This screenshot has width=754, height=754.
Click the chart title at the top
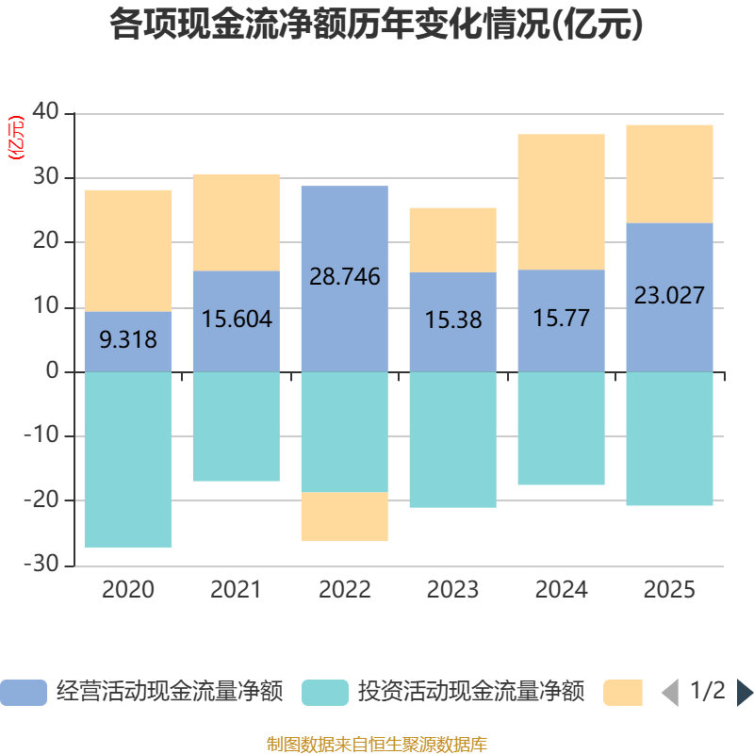(376, 25)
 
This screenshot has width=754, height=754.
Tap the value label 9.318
(128, 340)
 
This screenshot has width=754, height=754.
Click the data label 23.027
(669, 296)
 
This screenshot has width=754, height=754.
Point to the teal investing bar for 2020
(128, 459)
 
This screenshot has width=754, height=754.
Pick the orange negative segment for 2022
(345, 516)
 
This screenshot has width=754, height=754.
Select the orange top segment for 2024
(561, 202)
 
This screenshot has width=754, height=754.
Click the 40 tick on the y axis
(46, 113)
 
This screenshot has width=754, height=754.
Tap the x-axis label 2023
(452, 591)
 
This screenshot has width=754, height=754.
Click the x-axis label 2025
(669, 591)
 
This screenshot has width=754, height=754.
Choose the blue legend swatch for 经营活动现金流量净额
(24, 693)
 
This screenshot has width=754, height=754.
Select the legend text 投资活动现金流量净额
(471, 693)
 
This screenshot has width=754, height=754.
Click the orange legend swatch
(623, 693)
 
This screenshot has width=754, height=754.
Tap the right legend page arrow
(745, 693)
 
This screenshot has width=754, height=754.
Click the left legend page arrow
(669, 693)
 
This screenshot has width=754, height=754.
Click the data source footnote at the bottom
(377, 745)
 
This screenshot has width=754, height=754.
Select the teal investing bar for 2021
(237, 427)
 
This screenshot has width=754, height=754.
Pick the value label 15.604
(237, 320)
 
